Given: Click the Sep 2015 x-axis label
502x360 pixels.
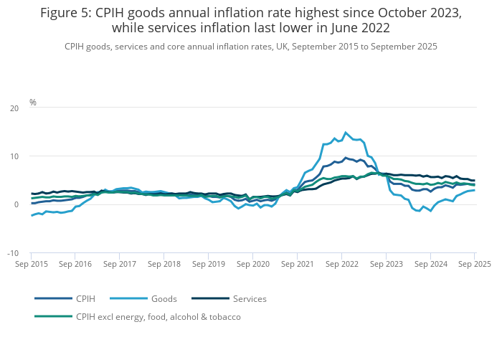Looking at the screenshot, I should [32, 264].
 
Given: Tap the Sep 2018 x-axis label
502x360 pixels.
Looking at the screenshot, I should [164, 264].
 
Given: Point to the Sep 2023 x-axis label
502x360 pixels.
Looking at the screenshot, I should [386, 264].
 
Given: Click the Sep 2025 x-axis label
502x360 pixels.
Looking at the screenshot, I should [474, 264].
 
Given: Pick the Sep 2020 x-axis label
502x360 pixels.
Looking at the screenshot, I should [253, 264].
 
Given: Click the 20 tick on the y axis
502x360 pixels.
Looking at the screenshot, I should [15, 108].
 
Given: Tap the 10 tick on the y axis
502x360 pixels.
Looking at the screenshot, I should [15, 156].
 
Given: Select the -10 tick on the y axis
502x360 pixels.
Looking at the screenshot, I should [14, 253].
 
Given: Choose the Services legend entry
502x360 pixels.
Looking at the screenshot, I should [250, 298].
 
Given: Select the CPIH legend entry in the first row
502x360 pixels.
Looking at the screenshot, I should [85, 298].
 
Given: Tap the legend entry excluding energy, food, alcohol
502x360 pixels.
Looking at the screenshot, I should [158, 316].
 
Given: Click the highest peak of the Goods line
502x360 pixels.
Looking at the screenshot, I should [346, 132].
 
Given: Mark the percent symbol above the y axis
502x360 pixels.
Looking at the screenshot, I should [33, 103].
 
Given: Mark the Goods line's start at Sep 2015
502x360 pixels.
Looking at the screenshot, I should [32, 215].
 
